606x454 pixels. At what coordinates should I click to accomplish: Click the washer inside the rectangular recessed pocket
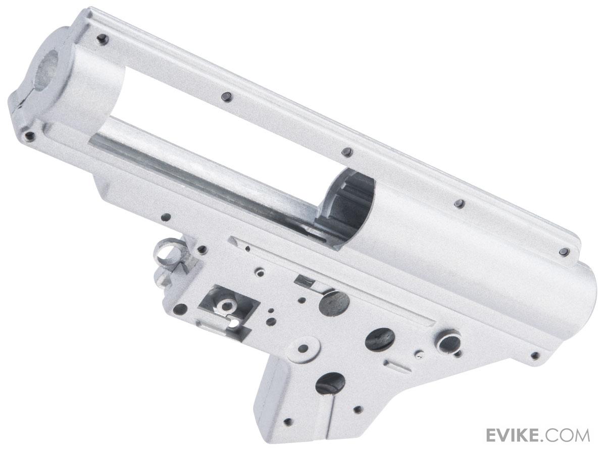(226, 304)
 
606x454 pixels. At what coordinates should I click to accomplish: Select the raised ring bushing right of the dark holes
(447, 342)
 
